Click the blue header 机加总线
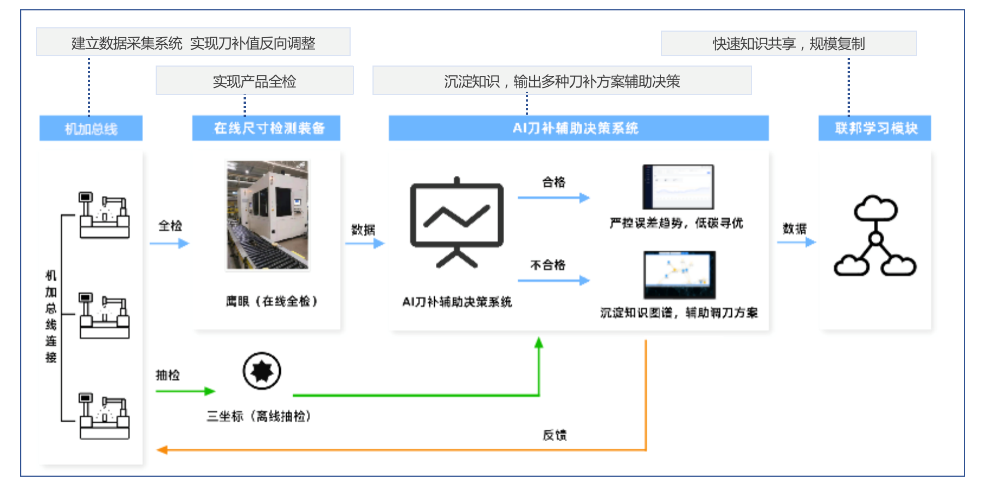click(x=91, y=128)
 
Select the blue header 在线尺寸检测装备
click(x=266, y=128)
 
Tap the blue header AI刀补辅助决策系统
click(x=578, y=128)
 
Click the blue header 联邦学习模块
click(x=874, y=128)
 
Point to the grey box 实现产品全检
click(x=255, y=81)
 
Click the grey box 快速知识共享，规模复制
click(x=788, y=43)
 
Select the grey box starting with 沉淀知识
click(x=561, y=81)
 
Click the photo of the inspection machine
click(x=268, y=215)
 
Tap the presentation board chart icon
click(x=457, y=222)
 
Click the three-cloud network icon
click(x=875, y=236)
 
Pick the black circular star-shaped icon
click(x=262, y=371)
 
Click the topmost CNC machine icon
click(x=104, y=215)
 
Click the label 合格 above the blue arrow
click(x=553, y=182)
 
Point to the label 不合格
click(x=548, y=265)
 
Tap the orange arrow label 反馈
click(x=554, y=435)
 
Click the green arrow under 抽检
click(x=185, y=391)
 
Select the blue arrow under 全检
click(x=169, y=244)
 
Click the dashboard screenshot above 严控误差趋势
click(x=678, y=187)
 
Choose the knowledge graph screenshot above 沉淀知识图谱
click(x=679, y=275)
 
